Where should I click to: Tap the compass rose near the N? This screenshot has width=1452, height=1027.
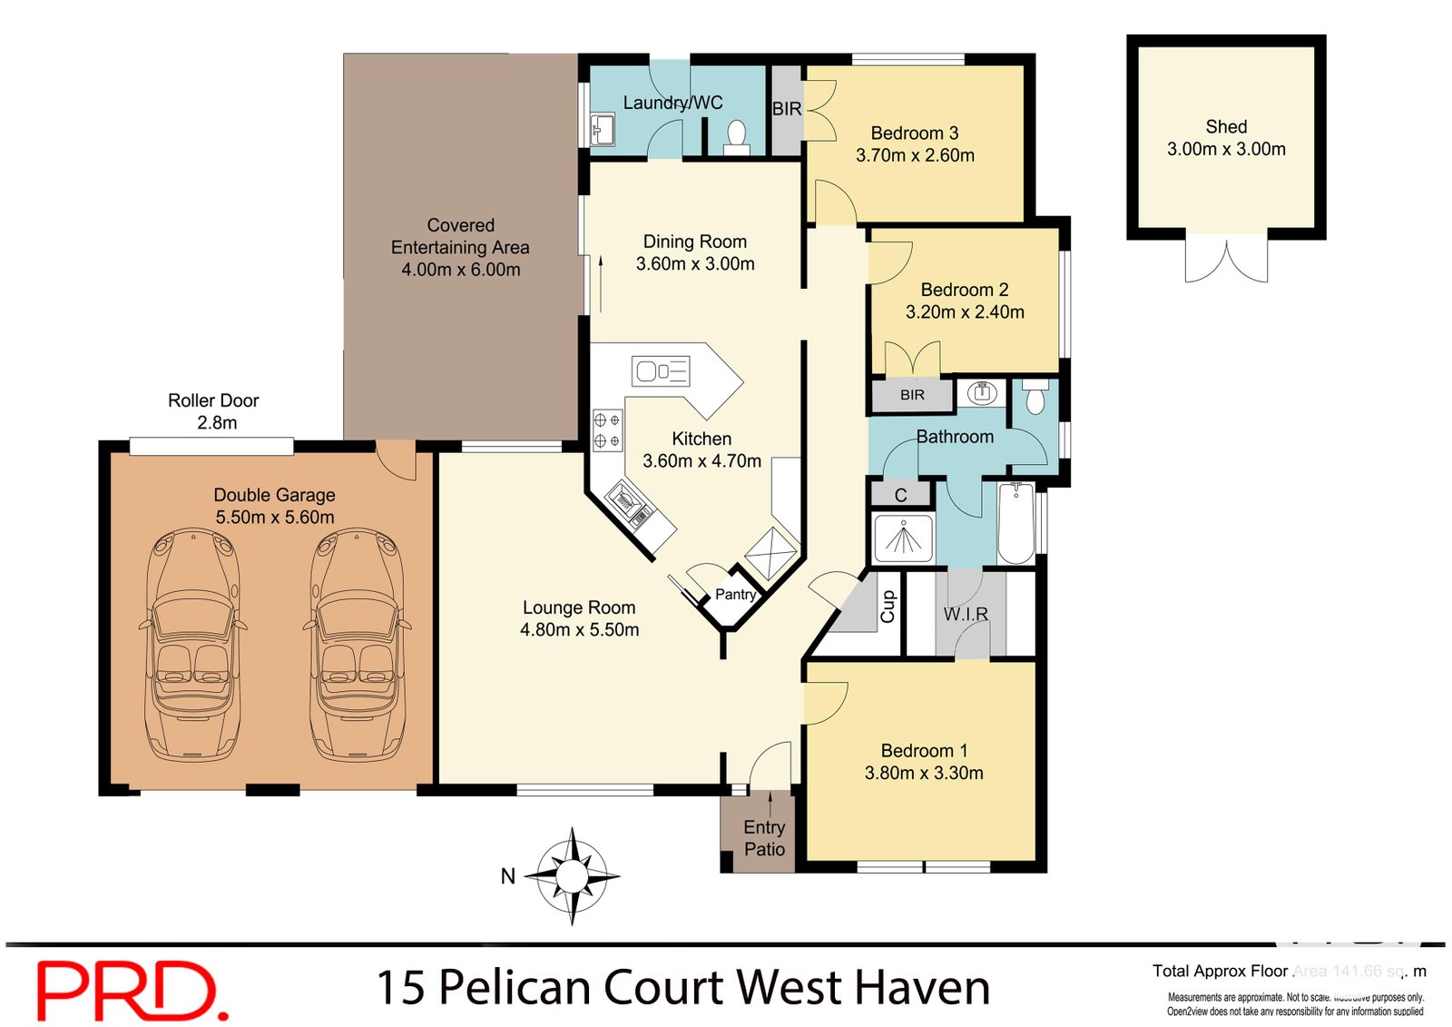point(572,876)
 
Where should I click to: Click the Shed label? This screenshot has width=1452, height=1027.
point(1226,127)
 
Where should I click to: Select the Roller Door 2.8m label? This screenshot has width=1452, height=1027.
point(214,411)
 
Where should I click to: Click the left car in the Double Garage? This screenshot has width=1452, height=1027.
point(192,646)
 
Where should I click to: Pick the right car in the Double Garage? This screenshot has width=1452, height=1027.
point(357,646)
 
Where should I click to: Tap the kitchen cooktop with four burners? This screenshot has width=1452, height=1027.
point(606,430)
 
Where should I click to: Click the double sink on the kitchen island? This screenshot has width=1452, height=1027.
point(661,370)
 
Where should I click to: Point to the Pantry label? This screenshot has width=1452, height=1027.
point(735,594)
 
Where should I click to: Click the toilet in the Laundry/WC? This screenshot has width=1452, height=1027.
point(736,136)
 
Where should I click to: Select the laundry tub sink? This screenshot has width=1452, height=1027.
point(602,129)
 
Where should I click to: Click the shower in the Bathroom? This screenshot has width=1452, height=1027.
point(903,538)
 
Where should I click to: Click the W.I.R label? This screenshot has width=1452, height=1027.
point(966,614)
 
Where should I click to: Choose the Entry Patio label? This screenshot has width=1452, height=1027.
point(764,838)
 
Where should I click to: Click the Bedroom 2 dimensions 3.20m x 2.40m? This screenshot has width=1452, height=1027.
point(965,312)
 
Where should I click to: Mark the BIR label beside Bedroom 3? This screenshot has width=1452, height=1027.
point(787,109)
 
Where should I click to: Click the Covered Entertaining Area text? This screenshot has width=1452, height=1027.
point(460,247)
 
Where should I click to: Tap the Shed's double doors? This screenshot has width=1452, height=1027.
point(1226,259)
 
